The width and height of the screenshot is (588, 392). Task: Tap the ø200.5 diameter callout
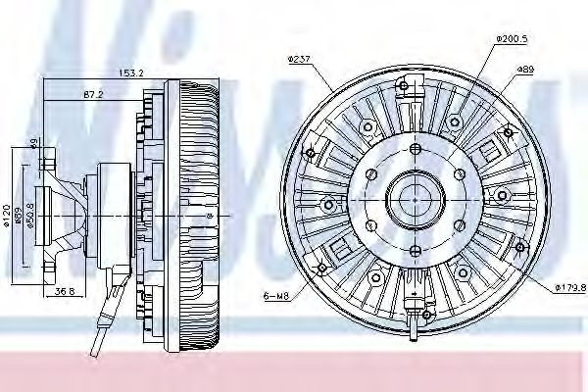[513, 38]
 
